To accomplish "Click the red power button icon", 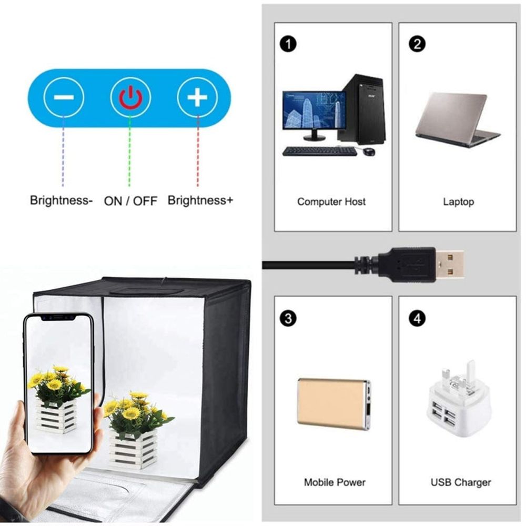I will click(x=130, y=97).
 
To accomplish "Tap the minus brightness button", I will click(x=64, y=97).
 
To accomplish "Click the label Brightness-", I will click(x=62, y=200).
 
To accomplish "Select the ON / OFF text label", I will click(x=130, y=201).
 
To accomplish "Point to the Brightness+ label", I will click(x=200, y=200).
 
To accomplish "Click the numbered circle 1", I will click(x=287, y=44).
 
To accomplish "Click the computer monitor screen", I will click(x=314, y=111).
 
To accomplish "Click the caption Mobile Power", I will click(x=335, y=482).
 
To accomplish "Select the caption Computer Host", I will click(x=331, y=201).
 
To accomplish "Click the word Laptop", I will click(x=458, y=201).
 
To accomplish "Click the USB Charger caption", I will click(x=460, y=482).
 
